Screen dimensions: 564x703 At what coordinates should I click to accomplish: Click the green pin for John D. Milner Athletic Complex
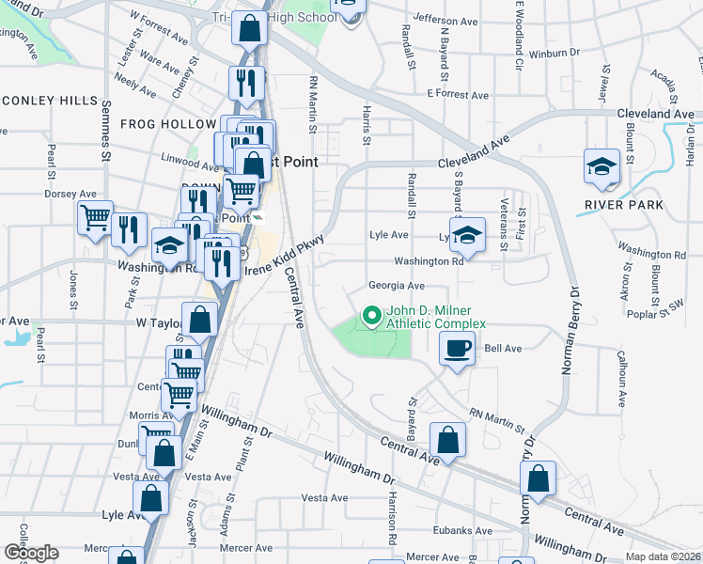coord(371,317)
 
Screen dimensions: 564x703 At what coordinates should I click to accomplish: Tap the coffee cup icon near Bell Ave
coord(458,349)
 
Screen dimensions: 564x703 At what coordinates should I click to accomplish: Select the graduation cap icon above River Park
coord(601,166)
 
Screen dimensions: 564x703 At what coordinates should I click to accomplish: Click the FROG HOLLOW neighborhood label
coord(167,124)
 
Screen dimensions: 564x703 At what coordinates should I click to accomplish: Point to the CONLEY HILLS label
coord(49,101)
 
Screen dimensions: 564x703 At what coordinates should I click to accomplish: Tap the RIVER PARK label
coord(623,204)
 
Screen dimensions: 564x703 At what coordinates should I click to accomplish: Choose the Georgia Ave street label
coord(397,286)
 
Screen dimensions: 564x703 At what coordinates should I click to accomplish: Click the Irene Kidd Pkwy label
coord(285,255)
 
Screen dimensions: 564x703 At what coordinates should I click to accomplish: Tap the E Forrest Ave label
coord(458,95)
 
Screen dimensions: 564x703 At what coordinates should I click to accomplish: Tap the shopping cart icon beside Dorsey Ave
coord(95,218)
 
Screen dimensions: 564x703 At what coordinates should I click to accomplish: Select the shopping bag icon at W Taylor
coord(200,321)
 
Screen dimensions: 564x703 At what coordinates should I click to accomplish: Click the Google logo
coord(31,553)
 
